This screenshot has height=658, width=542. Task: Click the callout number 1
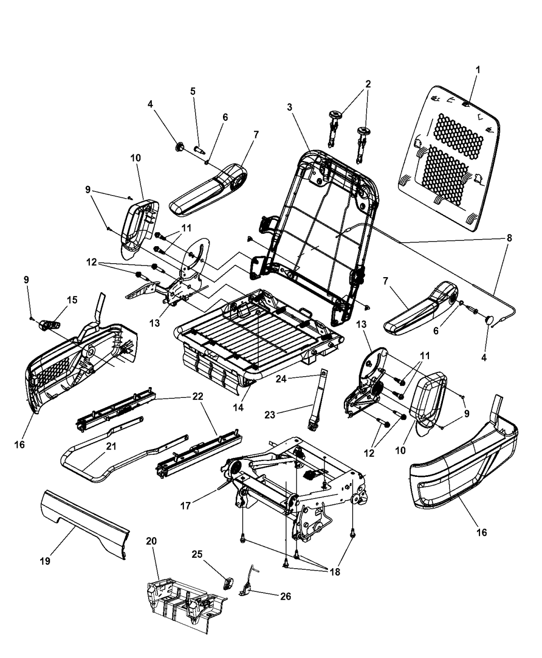[477, 69]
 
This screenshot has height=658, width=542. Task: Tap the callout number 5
[193, 91]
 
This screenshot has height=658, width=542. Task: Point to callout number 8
[510, 239]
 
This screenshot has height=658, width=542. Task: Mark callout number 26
[285, 596]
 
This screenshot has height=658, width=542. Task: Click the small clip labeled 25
[228, 583]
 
